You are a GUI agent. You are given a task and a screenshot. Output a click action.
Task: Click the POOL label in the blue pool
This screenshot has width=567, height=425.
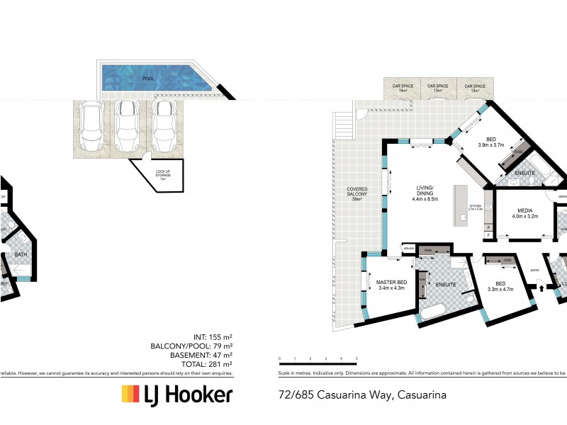[x=148, y=79]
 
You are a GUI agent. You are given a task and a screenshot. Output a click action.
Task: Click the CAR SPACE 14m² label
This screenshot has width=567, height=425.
[x=403, y=88]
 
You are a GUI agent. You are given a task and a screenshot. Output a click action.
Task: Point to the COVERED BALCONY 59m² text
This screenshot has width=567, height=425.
[x=356, y=193]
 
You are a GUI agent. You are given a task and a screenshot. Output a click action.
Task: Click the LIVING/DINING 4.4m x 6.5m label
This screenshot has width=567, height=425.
[x=426, y=193]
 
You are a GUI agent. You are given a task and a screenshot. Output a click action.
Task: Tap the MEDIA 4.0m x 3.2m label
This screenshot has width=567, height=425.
[x=525, y=213]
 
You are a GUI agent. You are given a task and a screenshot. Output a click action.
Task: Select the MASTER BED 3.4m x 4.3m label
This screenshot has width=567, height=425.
[x=391, y=284]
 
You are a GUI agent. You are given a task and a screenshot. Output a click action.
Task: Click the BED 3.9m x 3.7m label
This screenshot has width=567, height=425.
[x=490, y=142]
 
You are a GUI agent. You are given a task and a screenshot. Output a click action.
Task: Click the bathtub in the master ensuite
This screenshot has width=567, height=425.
[x=433, y=312]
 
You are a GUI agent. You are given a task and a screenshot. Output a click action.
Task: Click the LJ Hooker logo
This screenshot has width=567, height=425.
[x=176, y=395]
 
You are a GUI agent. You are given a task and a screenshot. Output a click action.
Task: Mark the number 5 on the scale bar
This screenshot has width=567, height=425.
[x=357, y=359]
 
